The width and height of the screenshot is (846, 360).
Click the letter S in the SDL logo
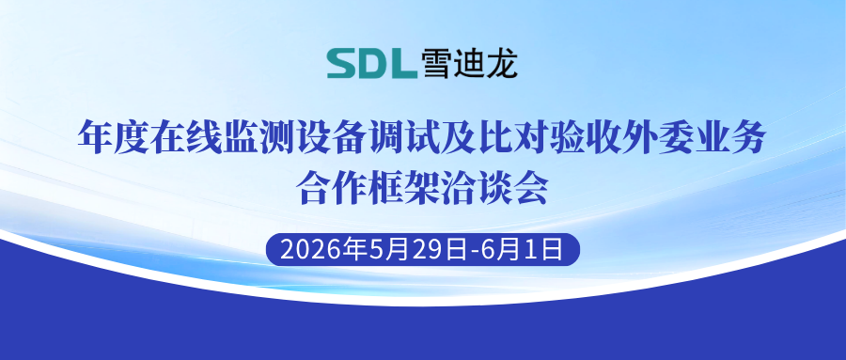point(341,64)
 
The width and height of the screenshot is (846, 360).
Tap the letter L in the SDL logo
point(403,64)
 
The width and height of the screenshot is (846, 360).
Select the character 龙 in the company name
point(502,64)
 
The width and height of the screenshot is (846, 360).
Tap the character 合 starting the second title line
point(314,187)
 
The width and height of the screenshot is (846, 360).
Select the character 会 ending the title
point(531,187)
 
